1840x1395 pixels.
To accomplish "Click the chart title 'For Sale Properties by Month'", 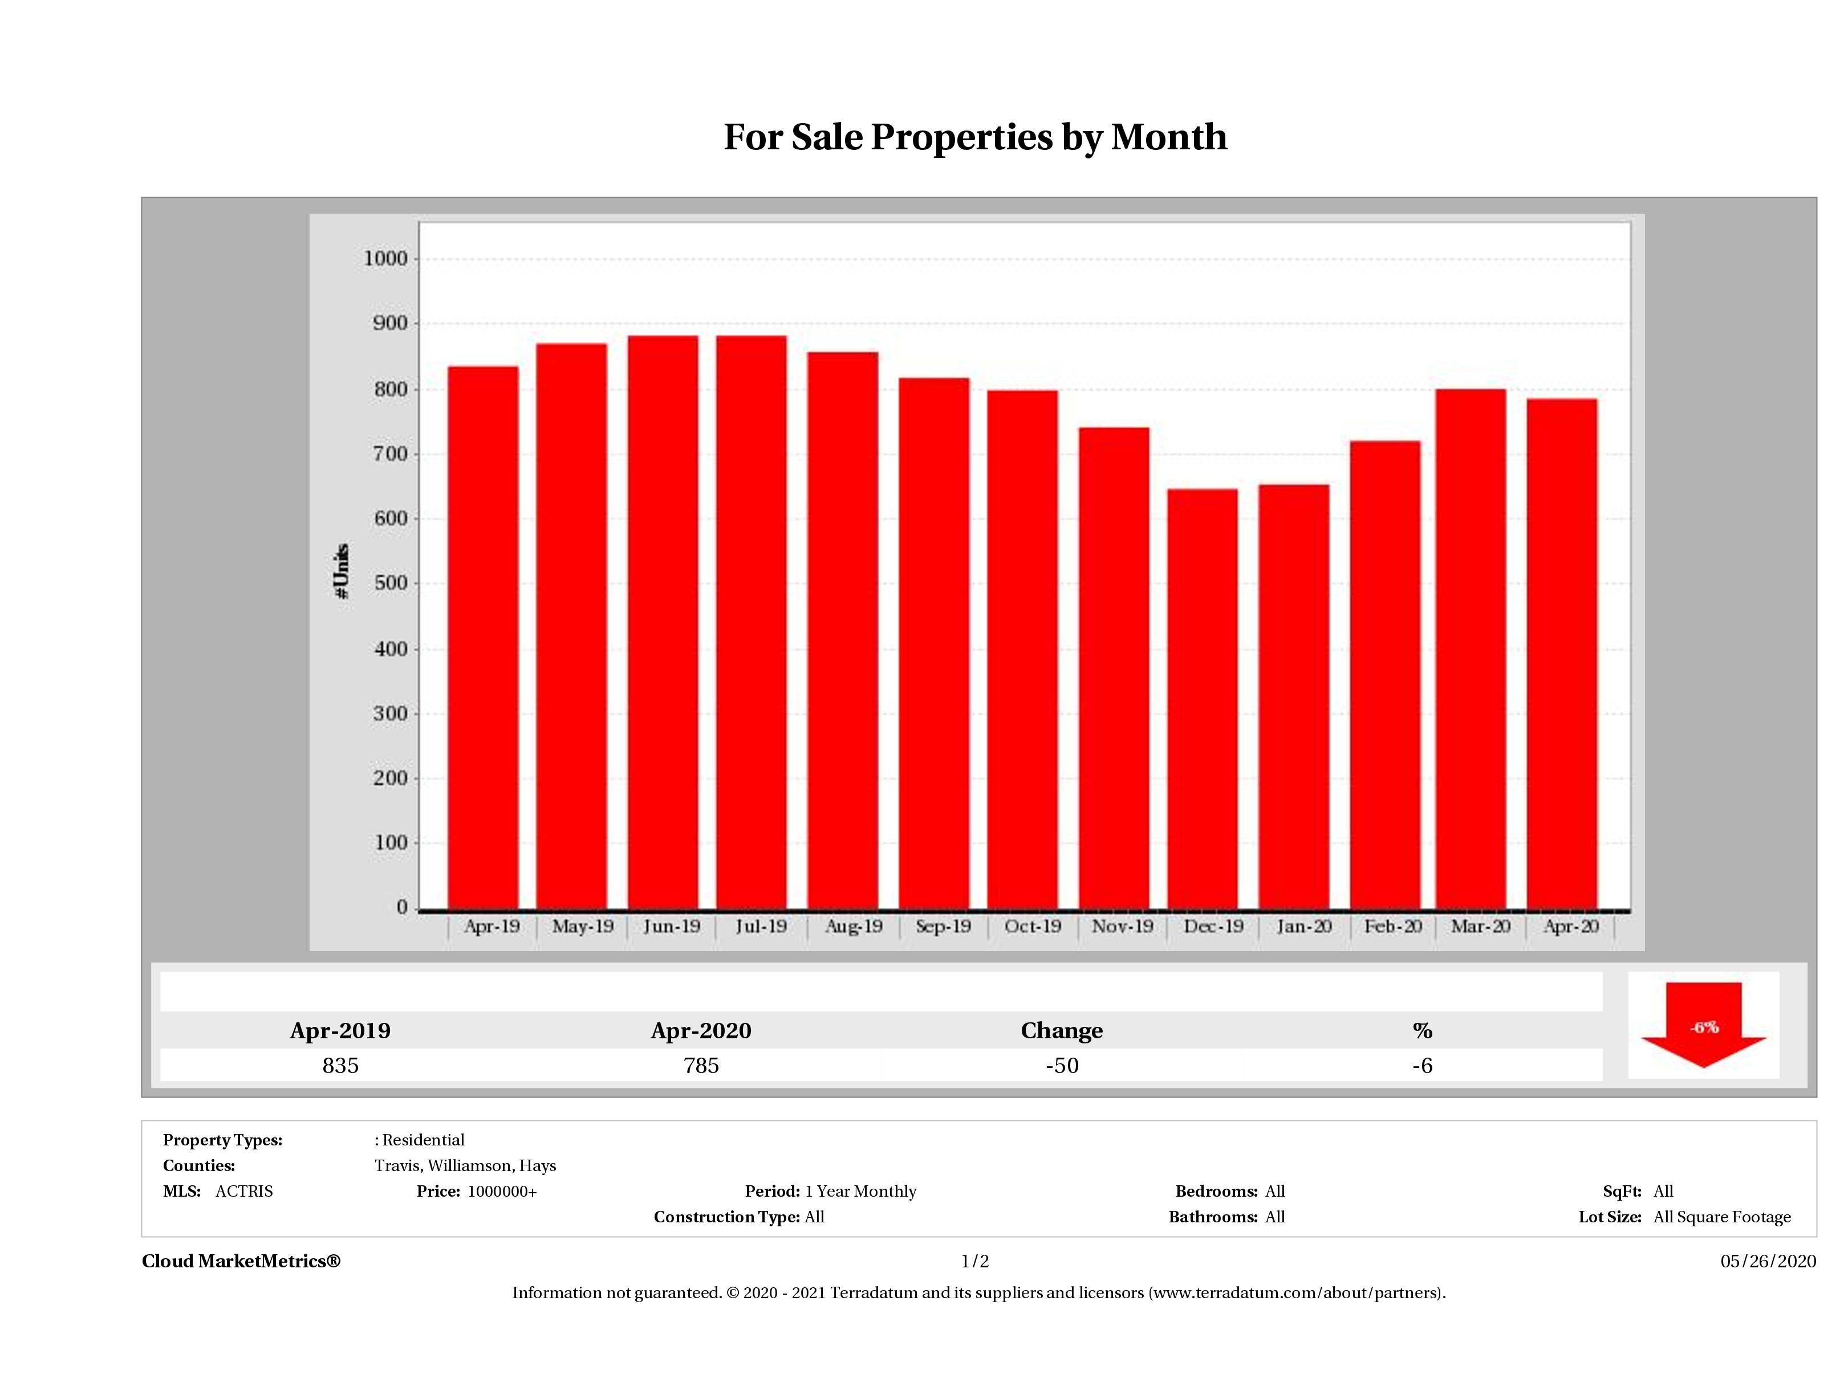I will pyautogui.click(x=975, y=137).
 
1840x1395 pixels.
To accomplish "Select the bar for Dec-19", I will pyautogui.click(x=1202, y=698).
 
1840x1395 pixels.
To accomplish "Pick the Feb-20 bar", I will pyautogui.click(x=1385, y=674).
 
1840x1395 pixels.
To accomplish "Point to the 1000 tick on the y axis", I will pyautogui.click(x=386, y=259).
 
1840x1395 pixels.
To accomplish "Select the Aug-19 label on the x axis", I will pyautogui.click(x=854, y=926).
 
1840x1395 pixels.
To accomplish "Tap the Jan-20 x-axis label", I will pyautogui.click(x=1304, y=926).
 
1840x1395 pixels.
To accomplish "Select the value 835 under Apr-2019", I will pyautogui.click(x=340, y=1065).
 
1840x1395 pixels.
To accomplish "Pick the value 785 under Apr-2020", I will pyautogui.click(x=701, y=1065).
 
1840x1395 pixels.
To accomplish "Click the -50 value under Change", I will pyautogui.click(x=1062, y=1065).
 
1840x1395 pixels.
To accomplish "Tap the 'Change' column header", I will pyautogui.click(x=1062, y=1030).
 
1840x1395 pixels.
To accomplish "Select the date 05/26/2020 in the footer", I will pyautogui.click(x=1768, y=1261).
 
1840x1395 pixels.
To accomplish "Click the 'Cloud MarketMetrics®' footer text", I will pyautogui.click(x=241, y=1261).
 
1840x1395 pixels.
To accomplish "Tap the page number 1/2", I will pyautogui.click(x=975, y=1261).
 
